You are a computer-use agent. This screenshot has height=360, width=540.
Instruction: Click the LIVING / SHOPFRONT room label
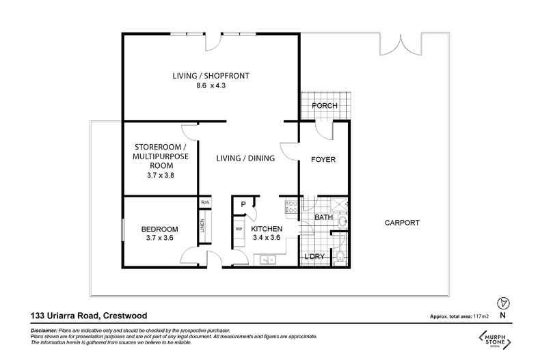pyautogui.click(x=210, y=77)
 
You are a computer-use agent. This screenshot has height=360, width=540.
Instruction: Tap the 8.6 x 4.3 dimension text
pyautogui.click(x=210, y=87)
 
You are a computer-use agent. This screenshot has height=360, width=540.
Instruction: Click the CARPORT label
pyautogui.click(x=401, y=223)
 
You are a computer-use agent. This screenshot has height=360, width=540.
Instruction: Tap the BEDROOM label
pyautogui.click(x=160, y=228)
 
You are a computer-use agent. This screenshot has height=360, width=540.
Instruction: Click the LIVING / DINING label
pyautogui.click(x=245, y=158)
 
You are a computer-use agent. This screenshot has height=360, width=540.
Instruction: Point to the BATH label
pyautogui.click(x=323, y=218)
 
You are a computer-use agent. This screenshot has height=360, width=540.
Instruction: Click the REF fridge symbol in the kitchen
pyautogui.click(x=239, y=229)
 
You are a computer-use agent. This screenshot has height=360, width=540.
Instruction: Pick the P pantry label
pyautogui.click(x=242, y=204)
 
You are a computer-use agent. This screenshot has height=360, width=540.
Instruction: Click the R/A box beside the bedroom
pyautogui.click(x=204, y=202)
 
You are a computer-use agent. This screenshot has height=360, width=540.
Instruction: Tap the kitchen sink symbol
pyautogui.click(x=266, y=260)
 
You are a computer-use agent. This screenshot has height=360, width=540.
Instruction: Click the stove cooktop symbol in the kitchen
pyautogui.click(x=290, y=206)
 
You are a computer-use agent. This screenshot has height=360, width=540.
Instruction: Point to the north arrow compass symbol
pyautogui.click(x=504, y=303)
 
